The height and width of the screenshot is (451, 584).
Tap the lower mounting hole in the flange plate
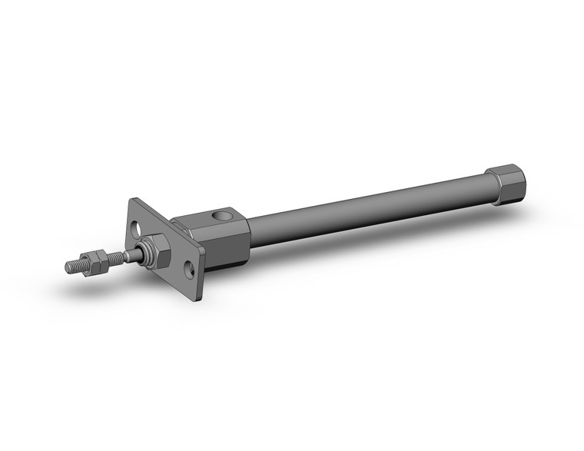tap(187, 270)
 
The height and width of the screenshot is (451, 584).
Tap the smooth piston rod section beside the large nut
tap(138, 253)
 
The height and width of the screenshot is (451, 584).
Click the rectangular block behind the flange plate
tap(219, 234)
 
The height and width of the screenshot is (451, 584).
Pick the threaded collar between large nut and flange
tap(171, 247)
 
